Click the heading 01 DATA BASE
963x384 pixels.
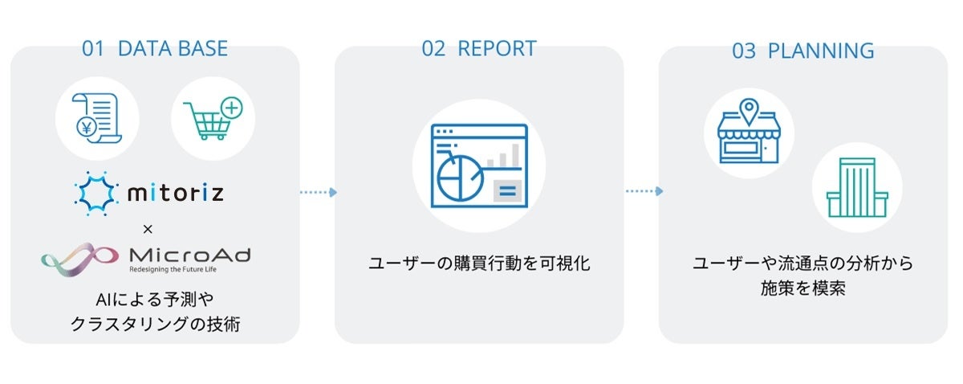tap(154, 48)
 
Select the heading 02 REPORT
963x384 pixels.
tap(478, 48)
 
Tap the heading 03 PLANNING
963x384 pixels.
tap(802, 51)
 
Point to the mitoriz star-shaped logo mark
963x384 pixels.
tap(95, 193)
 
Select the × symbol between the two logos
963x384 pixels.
tap(147, 228)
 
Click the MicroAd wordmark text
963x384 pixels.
tap(189, 255)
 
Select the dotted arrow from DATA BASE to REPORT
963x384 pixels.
tap(318, 192)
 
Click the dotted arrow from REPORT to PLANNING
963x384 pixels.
tap(644, 191)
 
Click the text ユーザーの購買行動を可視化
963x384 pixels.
tap(479, 263)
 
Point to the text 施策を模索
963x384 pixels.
tap(802, 288)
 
